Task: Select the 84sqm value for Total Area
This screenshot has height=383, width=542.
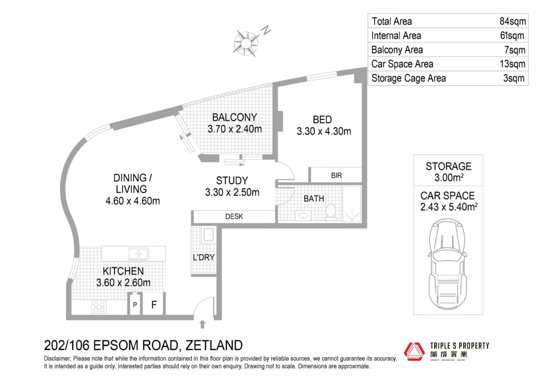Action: [512, 21]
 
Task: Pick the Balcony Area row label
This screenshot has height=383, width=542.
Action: [397, 50]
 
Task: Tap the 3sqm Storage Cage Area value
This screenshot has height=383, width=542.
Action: [514, 78]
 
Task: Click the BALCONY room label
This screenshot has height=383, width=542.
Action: [235, 117]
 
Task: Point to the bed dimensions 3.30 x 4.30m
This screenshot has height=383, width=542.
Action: [324, 131]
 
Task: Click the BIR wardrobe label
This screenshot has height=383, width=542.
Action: [336, 176]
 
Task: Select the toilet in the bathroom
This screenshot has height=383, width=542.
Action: [331, 212]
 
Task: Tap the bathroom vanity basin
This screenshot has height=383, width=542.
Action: [303, 216]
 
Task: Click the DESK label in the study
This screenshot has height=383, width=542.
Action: [234, 216]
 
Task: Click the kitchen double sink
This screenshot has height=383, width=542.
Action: [138, 254]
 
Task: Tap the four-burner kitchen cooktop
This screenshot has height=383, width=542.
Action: [99, 307]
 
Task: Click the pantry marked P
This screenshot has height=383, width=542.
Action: [135, 304]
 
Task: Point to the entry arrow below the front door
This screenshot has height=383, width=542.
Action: [202, 324]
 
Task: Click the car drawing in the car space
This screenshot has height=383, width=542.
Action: [448, 264]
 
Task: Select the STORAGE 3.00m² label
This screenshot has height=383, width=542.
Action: [449, 172]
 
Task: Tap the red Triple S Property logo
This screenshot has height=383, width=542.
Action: [414, 352]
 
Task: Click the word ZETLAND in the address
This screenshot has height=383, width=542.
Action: [214, 345]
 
